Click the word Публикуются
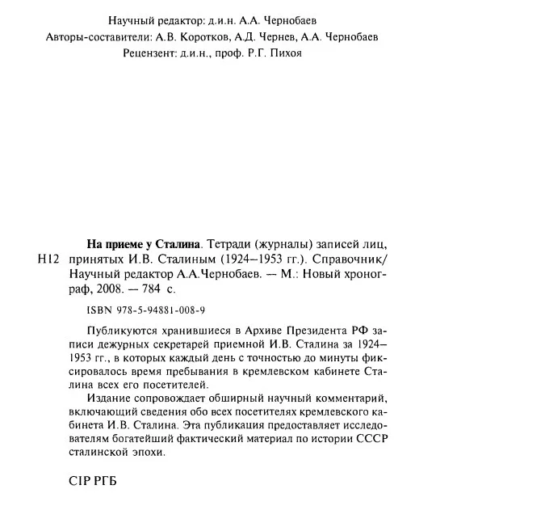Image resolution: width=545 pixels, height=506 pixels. click(x=119, y=331)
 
